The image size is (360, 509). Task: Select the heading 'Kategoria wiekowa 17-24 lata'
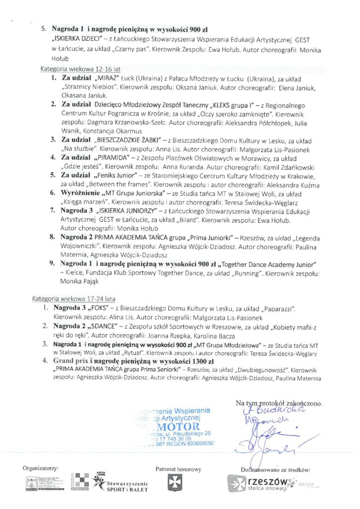pos(74,299)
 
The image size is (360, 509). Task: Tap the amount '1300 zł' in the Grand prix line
pos(200,362)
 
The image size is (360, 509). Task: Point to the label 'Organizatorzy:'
pos(41,468)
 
